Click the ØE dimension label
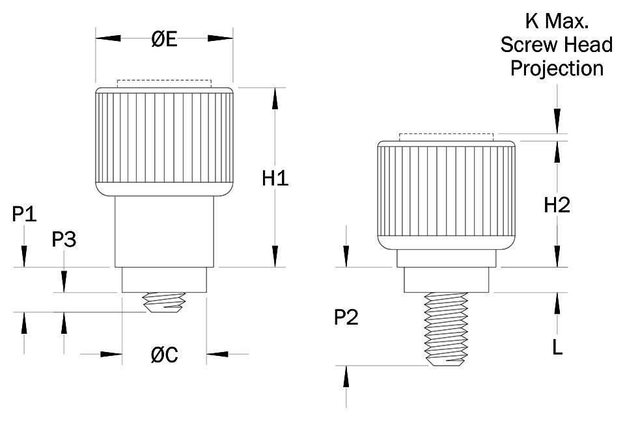(164, 39)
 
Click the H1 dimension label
(275, 178)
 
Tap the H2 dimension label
(557, 205)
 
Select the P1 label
(25, 214)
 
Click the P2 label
(346, 318)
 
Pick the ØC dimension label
(164, 355)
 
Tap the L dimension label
(557, 347)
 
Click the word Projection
(557, 68)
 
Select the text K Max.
(557, 21)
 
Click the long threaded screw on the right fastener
(447, 329)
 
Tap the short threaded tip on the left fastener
(164, 302)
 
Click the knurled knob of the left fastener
(164, 141)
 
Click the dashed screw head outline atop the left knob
(164, 83)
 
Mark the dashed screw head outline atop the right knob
(447, 137)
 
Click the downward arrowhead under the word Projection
(557, 121)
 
